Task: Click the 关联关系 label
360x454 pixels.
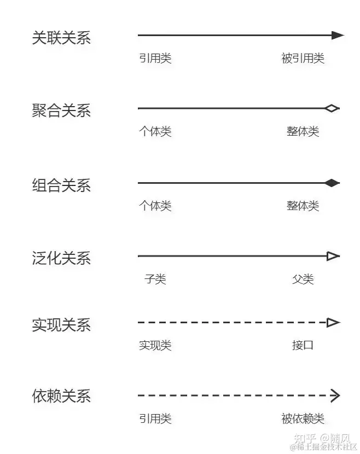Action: click(61, 38)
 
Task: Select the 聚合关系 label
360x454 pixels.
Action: click(61, 111)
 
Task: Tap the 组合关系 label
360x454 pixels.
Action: click(61, 185)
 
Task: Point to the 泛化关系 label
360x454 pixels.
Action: click(61, 258)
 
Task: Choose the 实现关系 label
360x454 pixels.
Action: click(61, 325)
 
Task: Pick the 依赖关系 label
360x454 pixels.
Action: click(61, 396)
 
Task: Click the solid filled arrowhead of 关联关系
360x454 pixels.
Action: click(338, 36)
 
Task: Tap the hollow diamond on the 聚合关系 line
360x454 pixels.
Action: click(332, 108)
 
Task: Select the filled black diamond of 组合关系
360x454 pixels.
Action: click(332, 183)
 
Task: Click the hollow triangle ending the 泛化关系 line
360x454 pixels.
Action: click(333, 256)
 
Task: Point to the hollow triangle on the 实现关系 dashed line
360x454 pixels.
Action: click(333, 323)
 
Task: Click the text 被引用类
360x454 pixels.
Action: click(303, 59)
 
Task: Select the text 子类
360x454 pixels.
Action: click(155, 280)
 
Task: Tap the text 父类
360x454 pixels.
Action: click(303, 280)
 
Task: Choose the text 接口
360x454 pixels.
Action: click(303, 346)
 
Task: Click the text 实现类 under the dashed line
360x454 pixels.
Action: click(155, 346)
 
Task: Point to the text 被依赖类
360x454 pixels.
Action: click(303, 419)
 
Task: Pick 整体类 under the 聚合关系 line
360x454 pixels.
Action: click(303, 132)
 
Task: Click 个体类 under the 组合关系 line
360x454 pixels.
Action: click(155, 206)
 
